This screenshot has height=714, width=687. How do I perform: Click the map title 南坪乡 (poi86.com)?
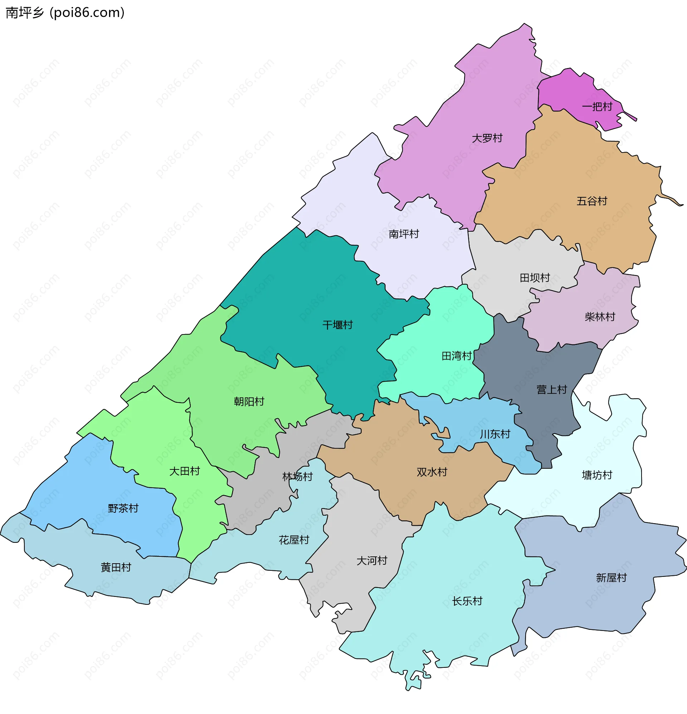[x=65, y=13]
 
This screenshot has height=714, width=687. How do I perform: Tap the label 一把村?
[x=597, y=107]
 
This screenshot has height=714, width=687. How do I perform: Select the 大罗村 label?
[x=487, y=139]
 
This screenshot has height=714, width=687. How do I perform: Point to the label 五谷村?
[x=591, y=201]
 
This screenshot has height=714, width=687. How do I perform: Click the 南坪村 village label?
[x=404, y=234]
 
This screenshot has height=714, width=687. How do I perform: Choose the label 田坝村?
[x=535, y=278]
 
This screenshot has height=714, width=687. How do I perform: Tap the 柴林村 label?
[x=600, y=317]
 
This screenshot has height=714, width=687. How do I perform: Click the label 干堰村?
[x=337, y=325]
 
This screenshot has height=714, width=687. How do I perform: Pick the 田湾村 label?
[x=457, y=356]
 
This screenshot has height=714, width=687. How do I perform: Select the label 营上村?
[x=551, y=390]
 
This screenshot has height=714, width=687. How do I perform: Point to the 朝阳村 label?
[x=249, y=402]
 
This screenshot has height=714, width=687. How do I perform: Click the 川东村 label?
[x=495, y=434]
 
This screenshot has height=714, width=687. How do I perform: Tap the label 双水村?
[x=432, y=472]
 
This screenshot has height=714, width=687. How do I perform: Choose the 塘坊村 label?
[x=597, y=475]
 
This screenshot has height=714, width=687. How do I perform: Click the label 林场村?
[x=297, y=477]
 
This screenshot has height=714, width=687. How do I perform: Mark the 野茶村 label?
[x=123, y=508]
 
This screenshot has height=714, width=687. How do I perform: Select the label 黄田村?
[x=116, y=567]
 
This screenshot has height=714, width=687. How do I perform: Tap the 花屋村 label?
[x=294, y=540]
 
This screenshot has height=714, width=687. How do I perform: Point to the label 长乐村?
[x=467, y=601]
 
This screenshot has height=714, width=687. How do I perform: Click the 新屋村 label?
[x=611, y=578]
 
